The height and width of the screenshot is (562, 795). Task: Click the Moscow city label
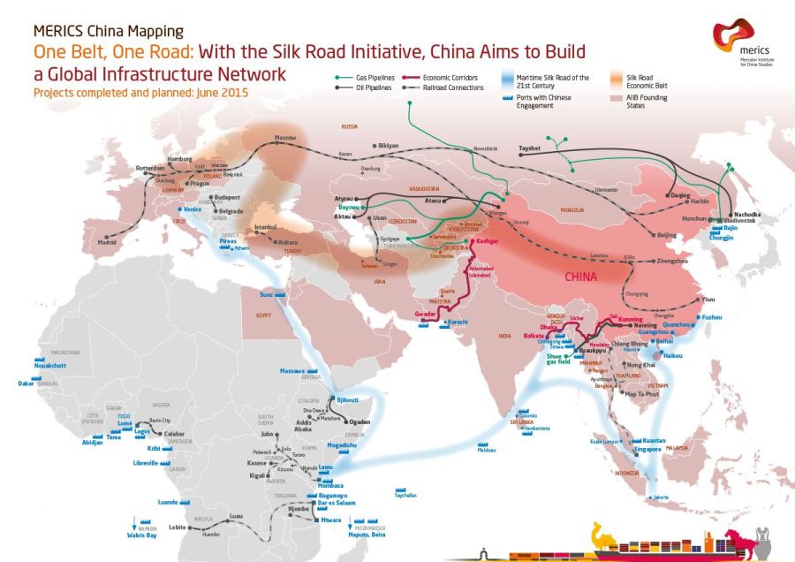coord(284,139)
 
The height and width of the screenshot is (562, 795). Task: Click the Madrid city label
coord(106,240)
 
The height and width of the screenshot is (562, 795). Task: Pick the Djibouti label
coord(344,400)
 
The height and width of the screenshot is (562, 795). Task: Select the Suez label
coord(267,293)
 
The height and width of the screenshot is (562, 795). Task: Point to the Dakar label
coord(26,384)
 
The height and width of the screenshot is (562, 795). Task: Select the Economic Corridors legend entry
coord(453,78)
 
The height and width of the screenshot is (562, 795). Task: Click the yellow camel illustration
coord(605,535)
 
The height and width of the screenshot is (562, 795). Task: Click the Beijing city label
coord(668,235)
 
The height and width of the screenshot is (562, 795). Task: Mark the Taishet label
coord(529,149)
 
